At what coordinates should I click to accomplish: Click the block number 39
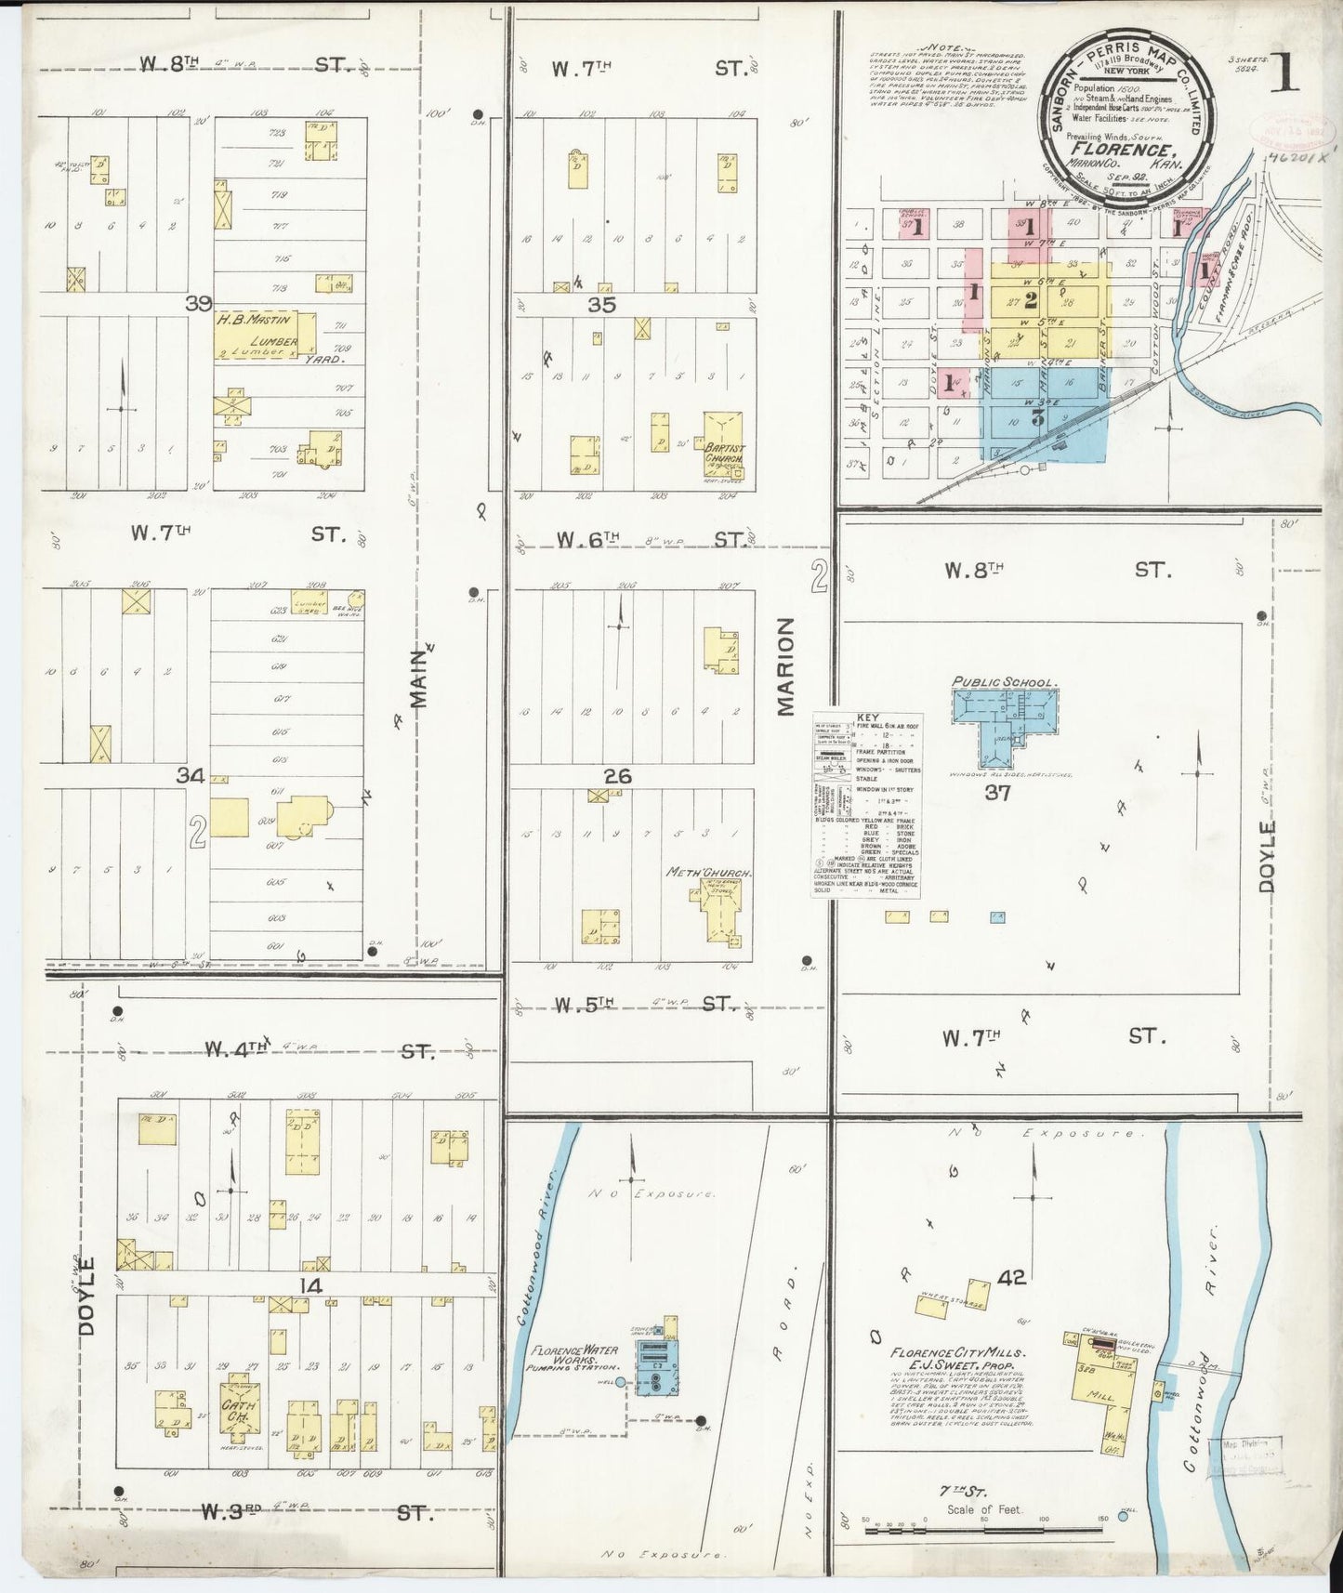198,304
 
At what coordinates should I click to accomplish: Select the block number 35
602,305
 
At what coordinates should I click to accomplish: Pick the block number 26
618,776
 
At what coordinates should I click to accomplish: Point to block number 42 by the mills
1011,1278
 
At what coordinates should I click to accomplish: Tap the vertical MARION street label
786,666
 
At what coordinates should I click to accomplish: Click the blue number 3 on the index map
1038,417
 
